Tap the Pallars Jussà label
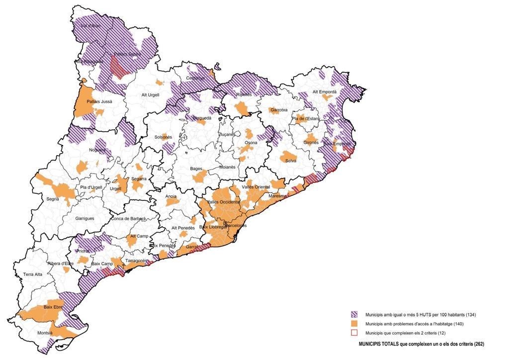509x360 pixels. [x=99, y=101]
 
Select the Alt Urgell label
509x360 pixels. [x=151, y=95]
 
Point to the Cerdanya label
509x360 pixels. [x=196, y=78]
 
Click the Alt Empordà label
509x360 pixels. [x=324, y=92]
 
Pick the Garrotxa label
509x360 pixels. [x=278, y=110]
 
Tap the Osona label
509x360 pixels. [x=251, y=143]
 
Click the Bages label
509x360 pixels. [x=196, y=169]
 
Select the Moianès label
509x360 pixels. [x=227, y=167]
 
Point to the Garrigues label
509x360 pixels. [x=85, y=218]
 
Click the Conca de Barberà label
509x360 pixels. [x=129, y=218]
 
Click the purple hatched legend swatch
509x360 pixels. [x=354, y=315]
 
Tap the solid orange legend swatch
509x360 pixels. [x=354, y=324]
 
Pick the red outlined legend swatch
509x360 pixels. [x=354, y=333]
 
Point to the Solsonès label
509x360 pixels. [x=163, y=137]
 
